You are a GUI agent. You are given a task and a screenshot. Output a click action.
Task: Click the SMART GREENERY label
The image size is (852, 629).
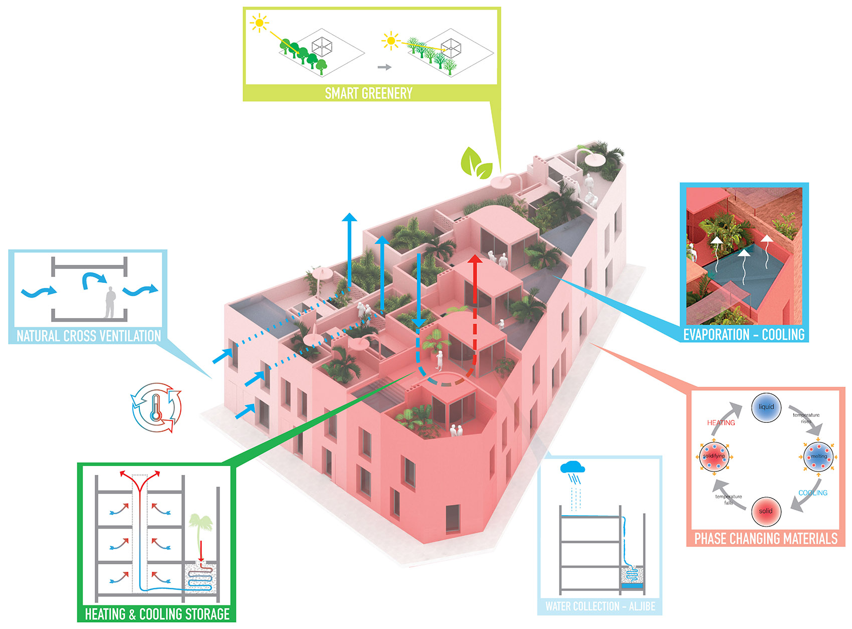point(368,93)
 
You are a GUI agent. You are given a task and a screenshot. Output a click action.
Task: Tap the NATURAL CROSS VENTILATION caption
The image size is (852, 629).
point(89,336)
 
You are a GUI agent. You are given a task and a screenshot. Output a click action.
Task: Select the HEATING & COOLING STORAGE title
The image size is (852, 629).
point(157,614)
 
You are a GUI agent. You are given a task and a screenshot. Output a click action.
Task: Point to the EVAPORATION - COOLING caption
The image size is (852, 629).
point(744,335)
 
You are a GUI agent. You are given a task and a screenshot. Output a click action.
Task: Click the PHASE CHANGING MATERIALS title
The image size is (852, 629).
point(765,539)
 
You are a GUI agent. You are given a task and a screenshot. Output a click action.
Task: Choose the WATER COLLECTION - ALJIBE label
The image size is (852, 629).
point(600,606)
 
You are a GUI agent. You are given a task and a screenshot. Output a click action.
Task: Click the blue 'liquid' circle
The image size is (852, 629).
point(766,407)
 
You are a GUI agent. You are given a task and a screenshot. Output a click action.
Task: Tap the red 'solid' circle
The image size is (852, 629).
point(766,511)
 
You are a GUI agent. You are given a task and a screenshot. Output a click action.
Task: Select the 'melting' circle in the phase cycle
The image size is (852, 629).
point(818,456)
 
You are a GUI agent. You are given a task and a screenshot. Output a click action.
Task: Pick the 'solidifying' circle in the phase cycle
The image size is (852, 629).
point(714,456)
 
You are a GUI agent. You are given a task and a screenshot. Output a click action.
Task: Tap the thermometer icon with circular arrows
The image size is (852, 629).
point(156,407)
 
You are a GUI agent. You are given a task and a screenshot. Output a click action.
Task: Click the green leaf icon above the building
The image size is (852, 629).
point(476,163)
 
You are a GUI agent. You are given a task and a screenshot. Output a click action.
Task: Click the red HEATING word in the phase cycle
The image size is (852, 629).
point(721,423)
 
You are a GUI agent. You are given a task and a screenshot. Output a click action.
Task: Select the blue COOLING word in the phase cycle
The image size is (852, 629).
point(812,493)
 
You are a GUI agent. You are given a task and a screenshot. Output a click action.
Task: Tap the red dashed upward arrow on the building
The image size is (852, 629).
point(475,301)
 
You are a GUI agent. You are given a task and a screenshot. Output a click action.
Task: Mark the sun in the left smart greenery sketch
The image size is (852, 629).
point(259,23)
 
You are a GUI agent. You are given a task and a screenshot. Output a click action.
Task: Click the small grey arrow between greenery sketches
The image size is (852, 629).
point(384,67)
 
